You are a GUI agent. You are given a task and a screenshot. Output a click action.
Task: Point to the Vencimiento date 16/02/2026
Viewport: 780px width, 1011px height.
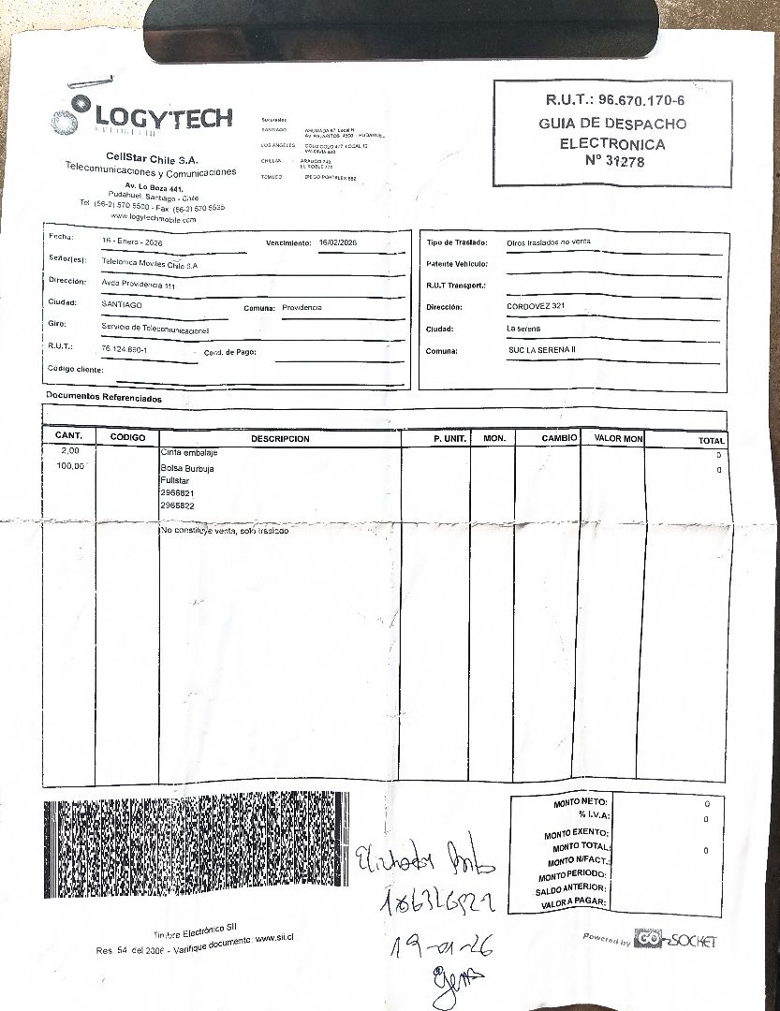tap(338, 242)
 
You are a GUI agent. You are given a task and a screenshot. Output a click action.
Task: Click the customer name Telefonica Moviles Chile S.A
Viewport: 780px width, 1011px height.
tap(150, 265)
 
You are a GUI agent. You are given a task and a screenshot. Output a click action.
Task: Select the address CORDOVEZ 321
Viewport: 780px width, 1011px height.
tap(535, 307)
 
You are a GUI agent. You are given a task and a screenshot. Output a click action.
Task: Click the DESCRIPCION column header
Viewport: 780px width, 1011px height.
tap(280, 438)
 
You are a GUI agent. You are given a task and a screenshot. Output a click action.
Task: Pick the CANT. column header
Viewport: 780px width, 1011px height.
tap(69, 436)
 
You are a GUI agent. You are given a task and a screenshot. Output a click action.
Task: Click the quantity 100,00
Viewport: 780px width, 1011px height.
tap(70, 466)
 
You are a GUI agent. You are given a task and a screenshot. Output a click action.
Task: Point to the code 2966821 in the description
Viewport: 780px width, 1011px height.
tap(177, 492)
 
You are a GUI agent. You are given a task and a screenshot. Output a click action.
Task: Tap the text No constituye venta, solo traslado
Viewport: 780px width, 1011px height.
tap(225, 531)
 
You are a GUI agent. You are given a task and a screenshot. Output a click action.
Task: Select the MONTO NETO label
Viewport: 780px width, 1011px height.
tap(581, 803)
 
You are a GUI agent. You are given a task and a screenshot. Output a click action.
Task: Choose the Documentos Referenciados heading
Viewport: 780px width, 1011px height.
tap(104, 399)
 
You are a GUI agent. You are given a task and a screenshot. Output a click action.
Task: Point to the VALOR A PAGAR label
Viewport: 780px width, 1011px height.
tap(574, 902)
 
